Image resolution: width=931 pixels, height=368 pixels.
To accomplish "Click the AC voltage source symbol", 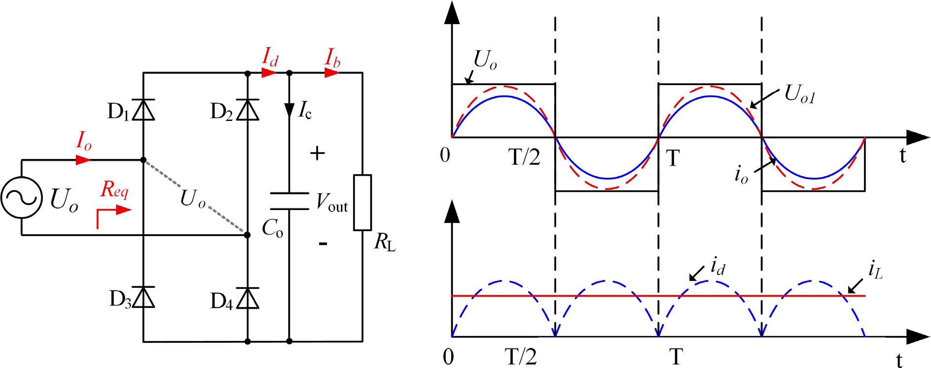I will (21, 197).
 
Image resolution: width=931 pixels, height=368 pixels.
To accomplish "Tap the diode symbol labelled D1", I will (143, 110).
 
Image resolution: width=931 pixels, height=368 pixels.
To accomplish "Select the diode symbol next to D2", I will (247, 110).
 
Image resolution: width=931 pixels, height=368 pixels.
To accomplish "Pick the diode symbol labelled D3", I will (143, 297).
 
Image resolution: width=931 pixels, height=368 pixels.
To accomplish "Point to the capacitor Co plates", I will (290, 201).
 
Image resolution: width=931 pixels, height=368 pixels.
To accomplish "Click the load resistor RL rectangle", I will (363, 202).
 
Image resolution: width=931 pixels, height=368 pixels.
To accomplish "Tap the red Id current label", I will (270, 57).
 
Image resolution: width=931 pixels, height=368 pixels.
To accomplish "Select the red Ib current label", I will (332, 58).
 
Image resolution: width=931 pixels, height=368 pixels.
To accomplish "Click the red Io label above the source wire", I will (84, 141).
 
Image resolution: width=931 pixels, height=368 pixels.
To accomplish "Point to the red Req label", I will (114, 189).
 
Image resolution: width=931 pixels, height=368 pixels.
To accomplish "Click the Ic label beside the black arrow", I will (305, 111).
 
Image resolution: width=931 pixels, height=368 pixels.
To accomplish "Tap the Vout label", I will (332, 202).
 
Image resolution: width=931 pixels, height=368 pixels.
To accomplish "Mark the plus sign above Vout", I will (317, 153).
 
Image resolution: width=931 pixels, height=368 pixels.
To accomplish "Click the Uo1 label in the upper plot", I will (799, 93).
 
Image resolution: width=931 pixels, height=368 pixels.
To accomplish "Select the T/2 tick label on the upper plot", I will (524, 157).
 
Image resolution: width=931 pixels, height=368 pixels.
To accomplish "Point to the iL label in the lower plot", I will (875, 270).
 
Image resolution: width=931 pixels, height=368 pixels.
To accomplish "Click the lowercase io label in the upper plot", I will (741, 175).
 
